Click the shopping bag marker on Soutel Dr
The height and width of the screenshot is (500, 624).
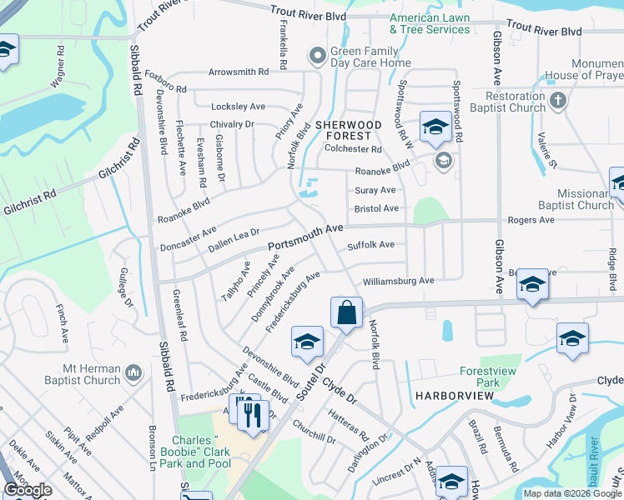346,313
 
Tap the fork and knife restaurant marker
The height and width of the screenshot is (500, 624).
253,413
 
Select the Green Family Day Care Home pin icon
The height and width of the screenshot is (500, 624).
316,57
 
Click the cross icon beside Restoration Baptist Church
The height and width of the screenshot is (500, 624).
558,102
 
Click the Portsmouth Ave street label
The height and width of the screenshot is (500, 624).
306,237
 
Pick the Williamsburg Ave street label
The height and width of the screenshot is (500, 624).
398,281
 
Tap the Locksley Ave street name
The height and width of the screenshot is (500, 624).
239,107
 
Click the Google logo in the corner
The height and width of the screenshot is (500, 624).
28,489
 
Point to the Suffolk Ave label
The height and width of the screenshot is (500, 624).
370,245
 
